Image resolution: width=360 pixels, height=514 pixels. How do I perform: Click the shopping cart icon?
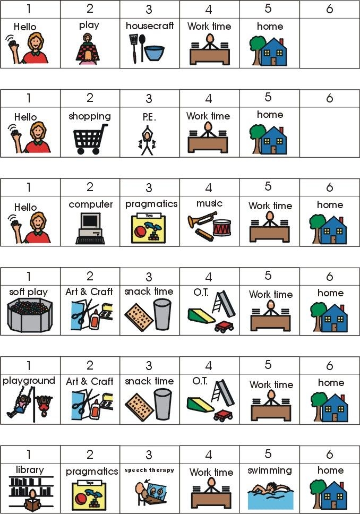point(90,139)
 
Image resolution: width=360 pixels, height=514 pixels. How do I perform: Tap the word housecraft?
point(150,25)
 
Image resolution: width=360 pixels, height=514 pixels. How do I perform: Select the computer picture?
point(90,228)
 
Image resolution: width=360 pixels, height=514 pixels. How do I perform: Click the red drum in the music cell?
point(222,228)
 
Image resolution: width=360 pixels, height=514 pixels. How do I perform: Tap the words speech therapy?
point(149,470)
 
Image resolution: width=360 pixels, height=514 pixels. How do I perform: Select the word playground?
point(29,381)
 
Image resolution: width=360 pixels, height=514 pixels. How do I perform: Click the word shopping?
point(90,116)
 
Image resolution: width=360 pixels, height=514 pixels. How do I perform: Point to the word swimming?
point(270,470)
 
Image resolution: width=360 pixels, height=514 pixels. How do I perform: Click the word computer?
point(91,204)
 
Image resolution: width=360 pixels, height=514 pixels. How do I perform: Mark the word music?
point(210,203)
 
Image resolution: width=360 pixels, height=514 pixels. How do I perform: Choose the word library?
point(30,470)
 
